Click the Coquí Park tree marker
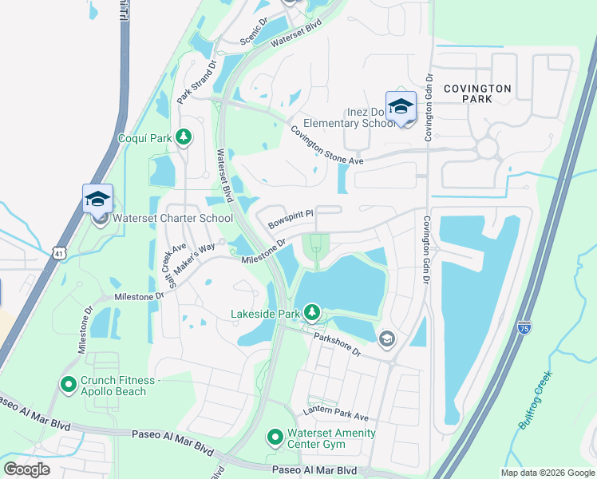pyautogui.click(x=184, y=138)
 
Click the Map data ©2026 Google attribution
pyautogui.click(x=547, y=473)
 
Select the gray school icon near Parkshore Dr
pyautogui.click(x=387, y=339)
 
